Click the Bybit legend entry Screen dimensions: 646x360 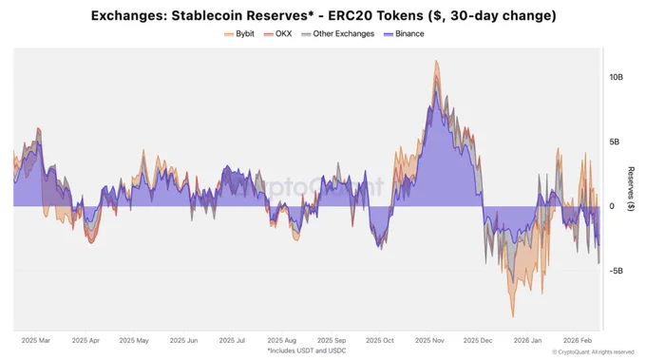click(x=239, y=34)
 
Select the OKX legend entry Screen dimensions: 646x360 click(x=277, y=34)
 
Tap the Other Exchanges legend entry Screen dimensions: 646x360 click(x=338, y=34)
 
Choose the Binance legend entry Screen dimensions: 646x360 click(x=404, y=34)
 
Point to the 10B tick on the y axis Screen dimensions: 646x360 click(x=616, y=78)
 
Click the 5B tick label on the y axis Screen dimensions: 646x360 click(x=614, y=142)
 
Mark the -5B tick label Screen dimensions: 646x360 click(x=617, y=271)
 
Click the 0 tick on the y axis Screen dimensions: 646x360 click(x=612, y=206)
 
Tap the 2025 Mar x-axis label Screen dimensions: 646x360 click(x=36, y=341)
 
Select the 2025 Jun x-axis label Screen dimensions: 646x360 click(x=183, y=341)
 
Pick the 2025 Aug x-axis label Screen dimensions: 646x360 click(x=282, y=341)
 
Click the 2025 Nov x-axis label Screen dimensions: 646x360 click(x=429, y=341)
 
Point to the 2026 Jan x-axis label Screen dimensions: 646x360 click(x=528, y=341)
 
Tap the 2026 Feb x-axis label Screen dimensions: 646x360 click(x=578, y=341)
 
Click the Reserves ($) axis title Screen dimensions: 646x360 click(x=631, y=189)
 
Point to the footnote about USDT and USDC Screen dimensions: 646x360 click(x=307, y=351)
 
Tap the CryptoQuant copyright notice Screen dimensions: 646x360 click(x=593, y=352)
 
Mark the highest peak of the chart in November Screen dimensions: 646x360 click(x=436, y=61)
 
